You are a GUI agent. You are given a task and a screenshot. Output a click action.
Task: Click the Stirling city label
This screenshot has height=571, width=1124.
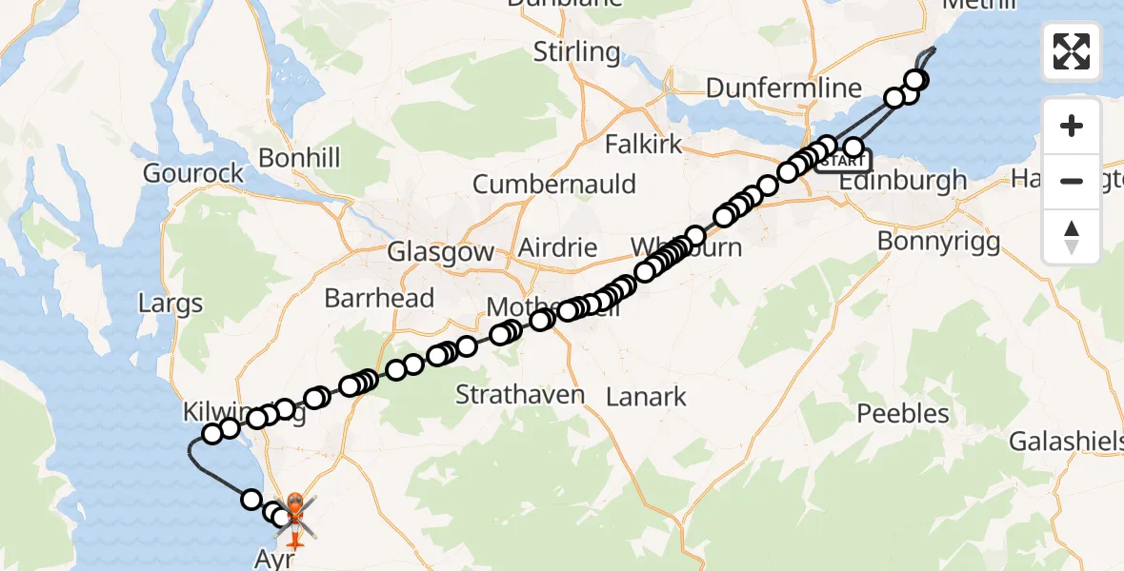[576, 51]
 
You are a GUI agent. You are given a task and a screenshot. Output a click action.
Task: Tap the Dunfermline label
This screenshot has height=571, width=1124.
[783, 89]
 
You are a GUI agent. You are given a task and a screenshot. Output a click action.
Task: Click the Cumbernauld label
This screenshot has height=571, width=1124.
[553, 183]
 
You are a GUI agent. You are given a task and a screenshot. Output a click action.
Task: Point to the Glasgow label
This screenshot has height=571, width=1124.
[440, 252]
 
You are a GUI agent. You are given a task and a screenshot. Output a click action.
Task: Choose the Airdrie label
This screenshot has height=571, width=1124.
[557, 249]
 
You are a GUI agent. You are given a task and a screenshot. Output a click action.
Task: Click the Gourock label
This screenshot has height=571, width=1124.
[192, 173]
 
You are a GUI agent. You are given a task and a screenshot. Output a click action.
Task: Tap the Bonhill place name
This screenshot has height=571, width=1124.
[299, 158]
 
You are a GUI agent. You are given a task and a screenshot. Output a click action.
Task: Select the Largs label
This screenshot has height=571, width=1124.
[171, 305]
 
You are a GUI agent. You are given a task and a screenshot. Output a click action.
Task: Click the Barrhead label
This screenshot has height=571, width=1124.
[379, 298]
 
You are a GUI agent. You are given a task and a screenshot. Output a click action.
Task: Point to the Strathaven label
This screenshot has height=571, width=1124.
[520, 394]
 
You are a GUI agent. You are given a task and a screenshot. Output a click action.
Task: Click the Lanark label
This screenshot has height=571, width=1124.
[647, 396]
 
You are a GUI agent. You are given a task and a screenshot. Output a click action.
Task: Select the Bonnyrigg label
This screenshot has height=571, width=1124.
[938, 242]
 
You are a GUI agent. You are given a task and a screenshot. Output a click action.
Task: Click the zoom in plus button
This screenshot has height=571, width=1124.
[1072, 126]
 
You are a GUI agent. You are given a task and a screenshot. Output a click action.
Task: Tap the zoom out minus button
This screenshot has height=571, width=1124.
[1072, 181]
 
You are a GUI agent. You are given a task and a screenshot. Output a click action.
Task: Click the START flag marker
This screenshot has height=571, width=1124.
[842, 161]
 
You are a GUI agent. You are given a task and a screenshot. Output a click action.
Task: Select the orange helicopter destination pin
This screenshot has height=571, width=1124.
[294, 505]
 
